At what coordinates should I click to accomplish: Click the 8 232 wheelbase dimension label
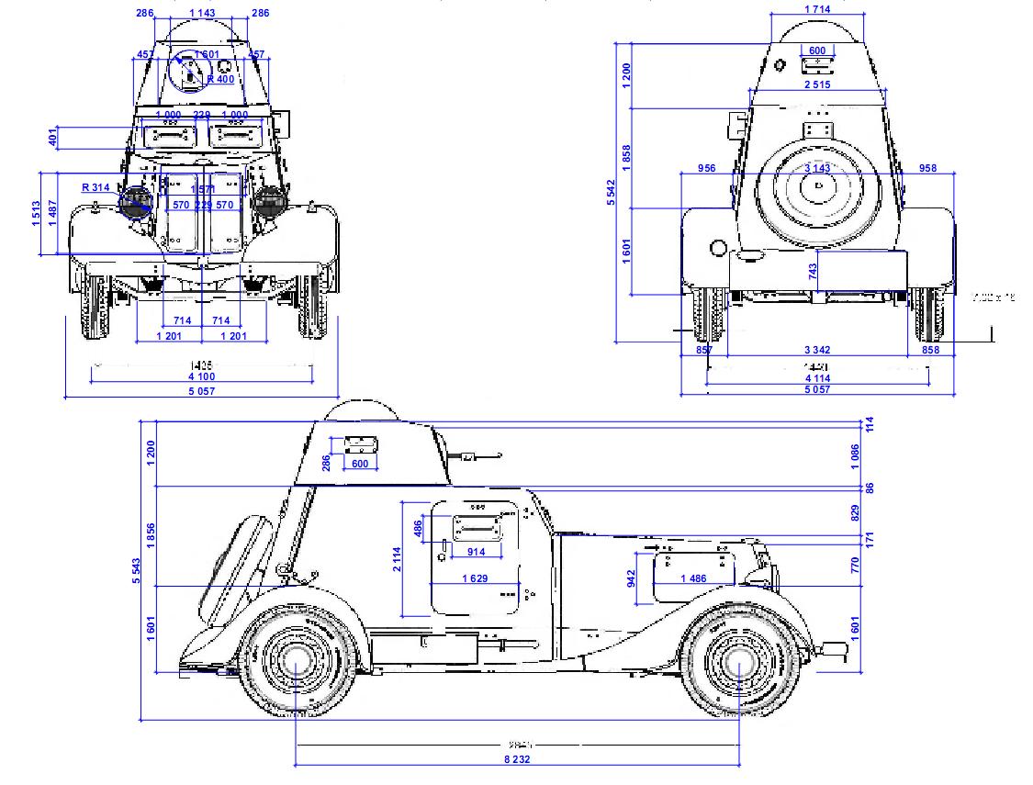point(518,759)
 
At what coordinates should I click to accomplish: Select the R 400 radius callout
point(220,79)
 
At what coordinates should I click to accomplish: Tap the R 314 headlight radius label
point(95,187)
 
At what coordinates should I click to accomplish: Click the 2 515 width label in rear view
point(817,84)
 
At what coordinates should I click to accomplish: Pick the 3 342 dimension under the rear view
point(817,351)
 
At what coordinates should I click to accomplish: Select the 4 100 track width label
point(202,376)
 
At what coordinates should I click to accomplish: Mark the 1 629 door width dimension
point(475,578)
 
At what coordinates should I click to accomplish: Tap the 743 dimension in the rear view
point(812,271)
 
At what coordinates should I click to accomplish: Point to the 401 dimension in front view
point(52,138)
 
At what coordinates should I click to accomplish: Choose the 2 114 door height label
point(397,558)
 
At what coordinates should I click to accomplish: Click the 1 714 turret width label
point(817,9)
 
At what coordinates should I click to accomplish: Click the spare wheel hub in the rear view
point(817,186)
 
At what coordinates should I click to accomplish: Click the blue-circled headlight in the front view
point(137,202)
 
